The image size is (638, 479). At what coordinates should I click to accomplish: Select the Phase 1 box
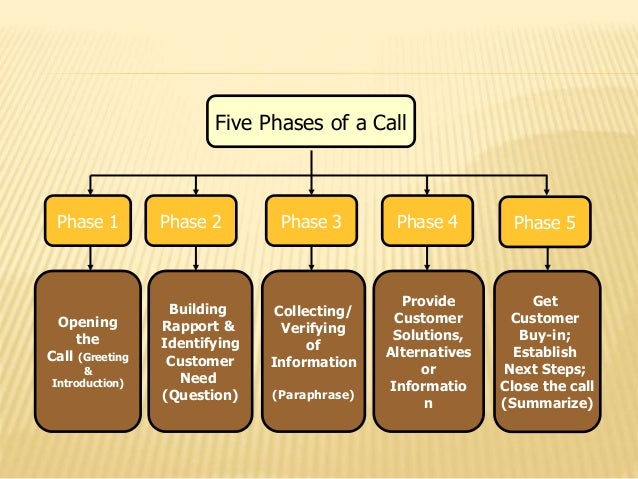point(86,222)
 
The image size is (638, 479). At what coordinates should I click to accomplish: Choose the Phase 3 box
point(311,222)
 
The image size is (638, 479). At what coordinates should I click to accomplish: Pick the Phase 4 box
point(427,222)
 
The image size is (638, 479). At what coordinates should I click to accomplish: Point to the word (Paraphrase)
point(313,395)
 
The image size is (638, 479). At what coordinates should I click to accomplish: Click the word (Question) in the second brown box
point(200,395)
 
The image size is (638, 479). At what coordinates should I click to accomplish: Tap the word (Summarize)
point(546,403)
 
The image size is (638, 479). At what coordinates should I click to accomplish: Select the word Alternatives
point(428,352)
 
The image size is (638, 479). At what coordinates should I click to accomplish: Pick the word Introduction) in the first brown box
point(87,382)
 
